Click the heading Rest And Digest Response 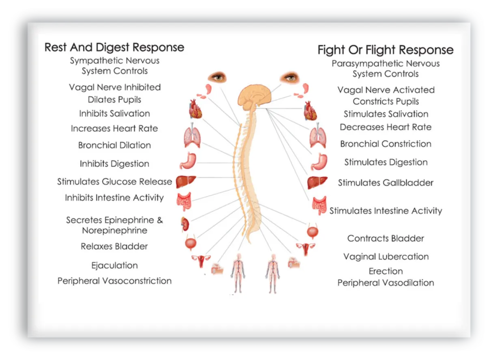tap(114, 47)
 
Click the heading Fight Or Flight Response tap(386, 50)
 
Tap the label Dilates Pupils tap(114, 100)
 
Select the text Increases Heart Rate tap(114, 129)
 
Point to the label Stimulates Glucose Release tap(114, 182)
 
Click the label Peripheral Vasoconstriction tap(114, 281)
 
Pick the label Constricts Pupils tap(386, 101)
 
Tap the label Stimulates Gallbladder tap(386, 183)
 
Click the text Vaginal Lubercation tap(386, 257)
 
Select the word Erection tap(386, 271)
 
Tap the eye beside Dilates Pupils tap(218, 77)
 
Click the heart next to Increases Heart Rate tap(195, 109)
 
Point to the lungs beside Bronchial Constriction tap(318, 136)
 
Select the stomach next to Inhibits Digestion tap(188, 161)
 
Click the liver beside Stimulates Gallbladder tap(317, 183)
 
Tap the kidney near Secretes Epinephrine tap(185, 224)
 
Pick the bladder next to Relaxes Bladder tap(190, 243)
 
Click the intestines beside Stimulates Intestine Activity tap(319, 206)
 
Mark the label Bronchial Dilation tap(114, 145)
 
